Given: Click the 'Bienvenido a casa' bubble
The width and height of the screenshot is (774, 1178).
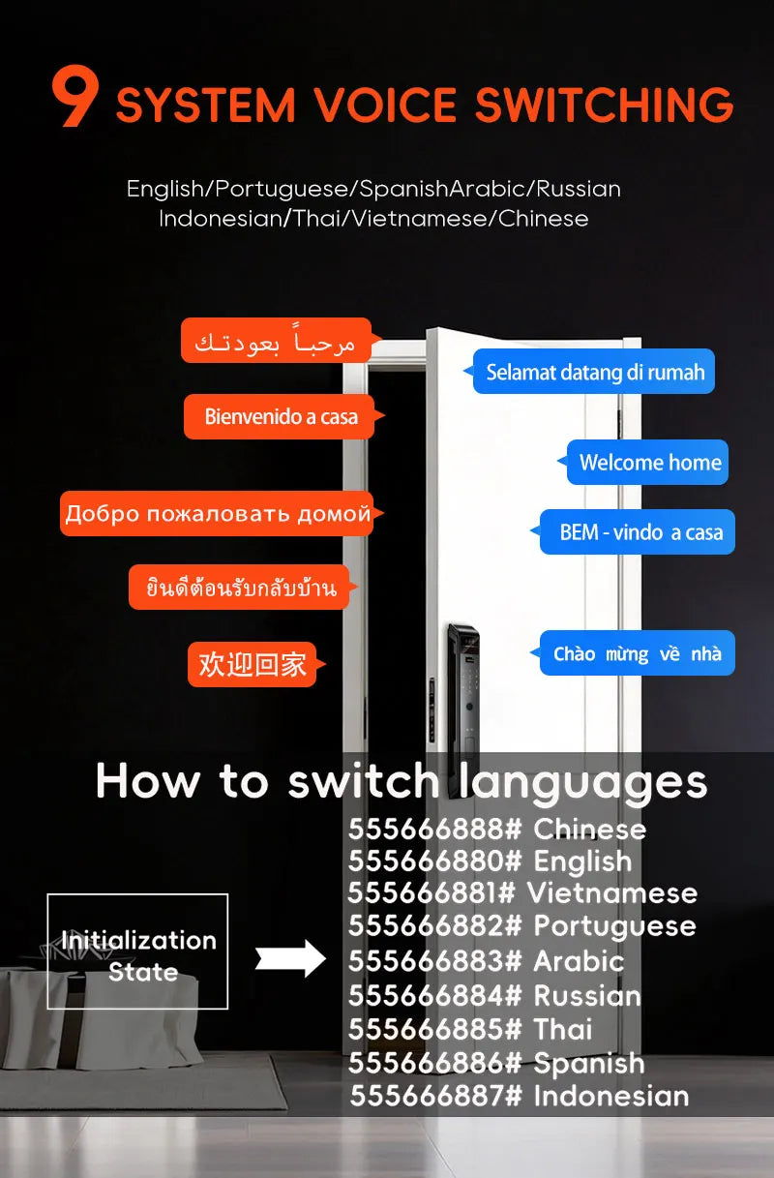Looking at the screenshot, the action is (283, 416).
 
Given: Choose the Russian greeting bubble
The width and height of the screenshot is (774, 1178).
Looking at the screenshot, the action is (221, 513).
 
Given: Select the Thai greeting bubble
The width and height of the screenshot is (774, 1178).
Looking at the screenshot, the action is (242, 588).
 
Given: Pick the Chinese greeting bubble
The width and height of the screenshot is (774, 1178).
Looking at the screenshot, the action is (255, 664).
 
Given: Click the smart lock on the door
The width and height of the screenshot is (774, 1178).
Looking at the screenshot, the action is (462, 690).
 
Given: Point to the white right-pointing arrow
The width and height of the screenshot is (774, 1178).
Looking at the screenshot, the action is (290, 958).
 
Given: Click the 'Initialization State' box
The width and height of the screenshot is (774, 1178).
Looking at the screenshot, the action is (137, 951).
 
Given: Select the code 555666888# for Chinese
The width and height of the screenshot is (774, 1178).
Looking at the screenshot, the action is (434, 830).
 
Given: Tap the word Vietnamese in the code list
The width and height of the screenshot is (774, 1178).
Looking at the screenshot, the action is (612, 893).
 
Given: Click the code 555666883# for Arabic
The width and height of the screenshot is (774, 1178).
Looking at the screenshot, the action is (434, 962).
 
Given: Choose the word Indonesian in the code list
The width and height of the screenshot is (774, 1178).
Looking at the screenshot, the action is (611, 1097).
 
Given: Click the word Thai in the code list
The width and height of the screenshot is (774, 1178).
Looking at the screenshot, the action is (563, 1029).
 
